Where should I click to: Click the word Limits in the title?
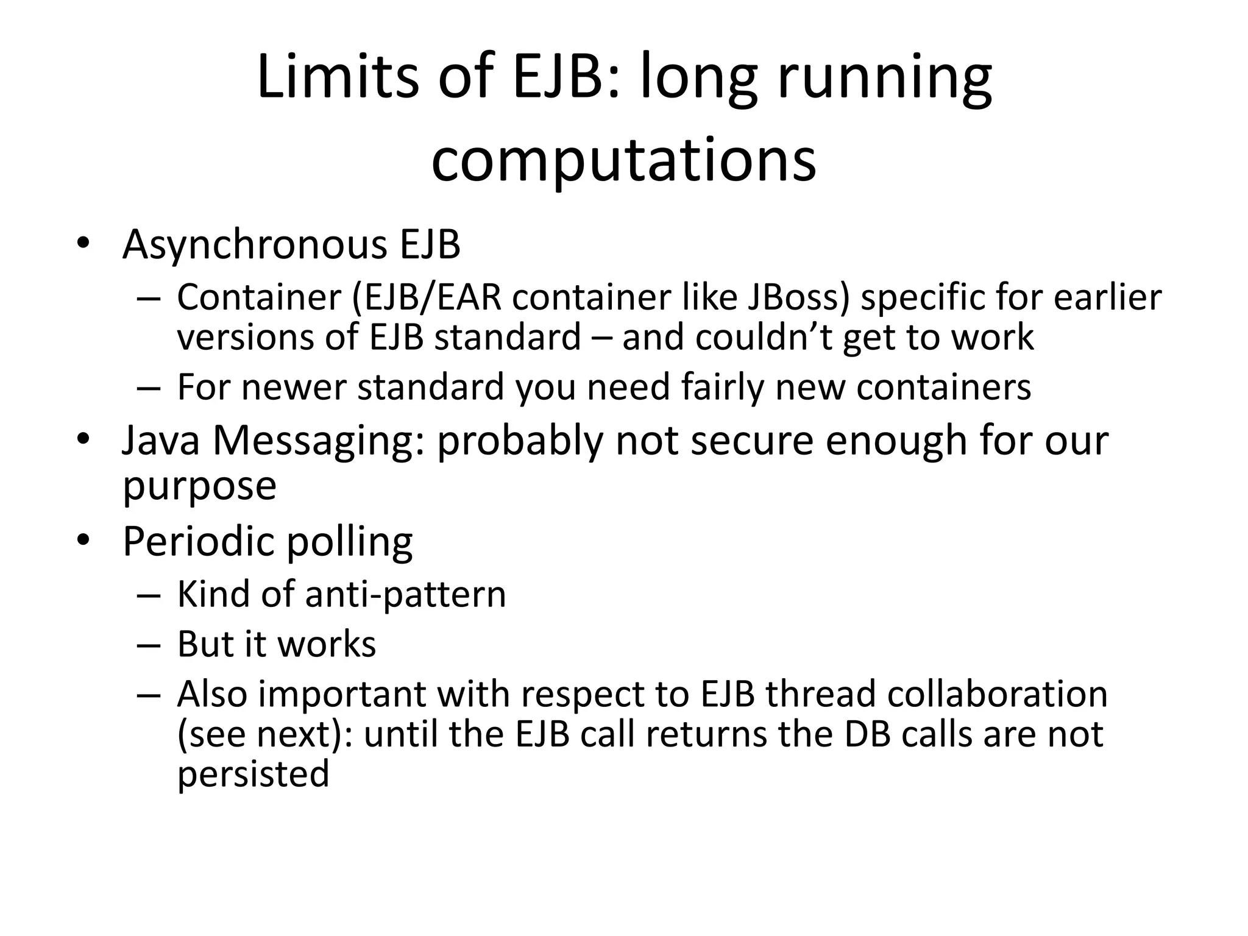pyautogui.click(x=338, y=77)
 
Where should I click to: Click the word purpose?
pyautogui.click(x=199, y=486)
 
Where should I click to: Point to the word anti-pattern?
pyautogui.click(x=405, y=594)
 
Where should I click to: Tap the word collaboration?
pyautogui.click(x=997, y=694)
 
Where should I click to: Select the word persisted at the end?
pyautogui.click(x=253, y=774)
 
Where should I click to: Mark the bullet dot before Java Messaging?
pyautogui.click(x=83, y=440)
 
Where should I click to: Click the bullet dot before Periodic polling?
pyautogui.click(x=83, y=540)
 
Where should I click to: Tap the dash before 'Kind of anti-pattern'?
pyautogui.click(x=148, y=595)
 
